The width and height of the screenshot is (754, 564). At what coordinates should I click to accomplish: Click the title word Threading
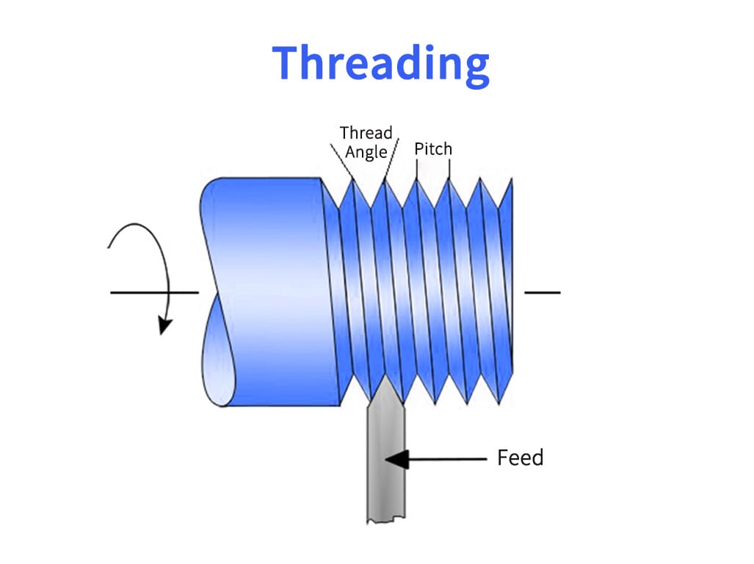coord(380,64)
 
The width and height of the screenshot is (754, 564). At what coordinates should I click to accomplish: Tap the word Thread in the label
coord(366,133)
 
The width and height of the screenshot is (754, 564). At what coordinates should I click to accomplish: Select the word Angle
coord(366,153)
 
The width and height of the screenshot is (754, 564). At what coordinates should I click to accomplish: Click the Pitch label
coord(433,149)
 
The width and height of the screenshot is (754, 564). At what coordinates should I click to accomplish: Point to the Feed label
coord(520,458)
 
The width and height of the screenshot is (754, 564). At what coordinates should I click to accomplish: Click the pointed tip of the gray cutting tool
coord(384,383)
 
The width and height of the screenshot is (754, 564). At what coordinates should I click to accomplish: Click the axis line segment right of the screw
coord(542,292)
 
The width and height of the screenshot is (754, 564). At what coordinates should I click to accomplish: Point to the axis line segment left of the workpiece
coord(147,292)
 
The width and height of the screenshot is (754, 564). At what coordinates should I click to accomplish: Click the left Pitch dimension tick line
coord(417,170)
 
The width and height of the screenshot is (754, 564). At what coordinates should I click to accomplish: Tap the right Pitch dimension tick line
coord(449,170)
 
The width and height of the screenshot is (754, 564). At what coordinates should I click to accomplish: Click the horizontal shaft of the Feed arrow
coord(448,460)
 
